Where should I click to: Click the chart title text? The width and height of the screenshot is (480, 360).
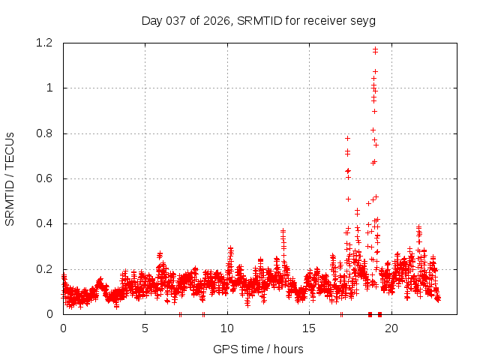tap(258, 20)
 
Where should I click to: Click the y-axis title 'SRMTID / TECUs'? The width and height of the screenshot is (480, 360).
tap(10, 179)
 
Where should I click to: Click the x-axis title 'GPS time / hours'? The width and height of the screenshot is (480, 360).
tap(258, 349)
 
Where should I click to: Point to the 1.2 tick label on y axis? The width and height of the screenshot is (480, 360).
tap(43, 43)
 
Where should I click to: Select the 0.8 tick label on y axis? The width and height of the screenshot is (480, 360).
tap(43, 133)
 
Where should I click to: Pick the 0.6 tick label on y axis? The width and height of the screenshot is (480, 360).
tap(43, 178)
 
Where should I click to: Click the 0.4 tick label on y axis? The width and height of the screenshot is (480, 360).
tap(43, 223)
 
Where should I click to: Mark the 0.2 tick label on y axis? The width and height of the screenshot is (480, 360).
tap(43, 269)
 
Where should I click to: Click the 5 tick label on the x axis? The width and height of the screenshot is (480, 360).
tap(145, 328)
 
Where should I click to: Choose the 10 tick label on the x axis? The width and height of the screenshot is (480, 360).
tap(227, 328)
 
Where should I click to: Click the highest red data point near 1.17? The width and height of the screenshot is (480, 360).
tap(375, 49)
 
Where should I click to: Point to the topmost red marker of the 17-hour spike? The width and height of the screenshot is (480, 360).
tap(347, 138)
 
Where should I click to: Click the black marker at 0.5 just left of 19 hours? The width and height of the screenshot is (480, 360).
tap(368, 203)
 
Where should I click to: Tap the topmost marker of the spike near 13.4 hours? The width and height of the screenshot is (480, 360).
tap(283, 231)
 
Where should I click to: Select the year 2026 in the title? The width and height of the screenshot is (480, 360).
tap(217, 20)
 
